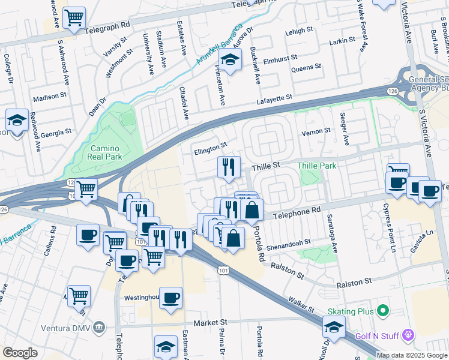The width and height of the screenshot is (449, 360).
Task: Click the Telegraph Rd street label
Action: tap(107, 26)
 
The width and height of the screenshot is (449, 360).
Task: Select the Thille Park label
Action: tap(317, 165)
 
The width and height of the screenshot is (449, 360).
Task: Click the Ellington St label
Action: tap(210, 146)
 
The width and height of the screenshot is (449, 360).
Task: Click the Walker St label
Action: tap(302, 304)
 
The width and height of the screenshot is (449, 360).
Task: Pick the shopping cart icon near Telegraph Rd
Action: tap(74, 18)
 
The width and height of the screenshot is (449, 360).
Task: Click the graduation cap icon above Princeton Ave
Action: tap(229, 59)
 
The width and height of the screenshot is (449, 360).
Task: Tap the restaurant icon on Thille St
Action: tap(229, 167)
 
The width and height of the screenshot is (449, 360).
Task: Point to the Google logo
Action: tap(20, 353)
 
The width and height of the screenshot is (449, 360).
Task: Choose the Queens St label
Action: tap(302, 69)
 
